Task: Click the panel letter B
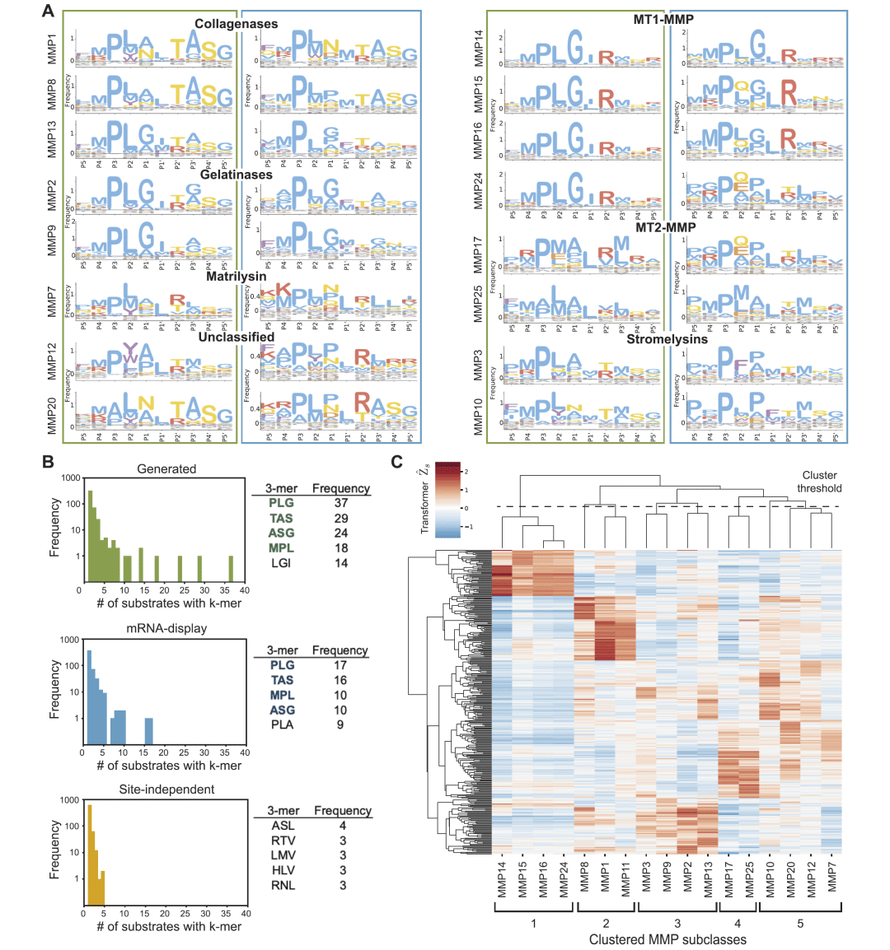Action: click(x=49, y=463)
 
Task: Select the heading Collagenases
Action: click(x=237, y=24)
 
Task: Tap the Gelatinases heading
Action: click(x=237, y=175)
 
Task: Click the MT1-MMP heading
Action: click(x=663, y=19)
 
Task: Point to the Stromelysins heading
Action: click(x=667, y=339)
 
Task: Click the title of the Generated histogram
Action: click(x=166, y=469)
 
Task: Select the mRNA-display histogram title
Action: click(x=166, y=628)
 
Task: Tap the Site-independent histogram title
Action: click(x=167, y=789)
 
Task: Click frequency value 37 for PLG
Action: click(x=341, y=503)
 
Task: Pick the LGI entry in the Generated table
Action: click(x=281, y=563)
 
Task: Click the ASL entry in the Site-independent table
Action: click(x=283, y=826)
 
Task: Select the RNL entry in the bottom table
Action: click(x=283, y=885)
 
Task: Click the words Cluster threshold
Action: click(x=819, y=482)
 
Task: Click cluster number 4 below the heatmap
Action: click(x=738, y=923)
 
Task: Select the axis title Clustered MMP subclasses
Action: click(x=667, y=939)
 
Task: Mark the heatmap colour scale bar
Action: click(x=448, y=501)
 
